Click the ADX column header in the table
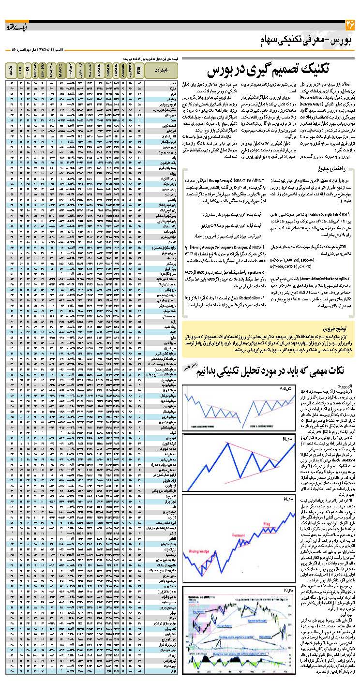click(11, 70)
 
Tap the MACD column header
click(60, 70)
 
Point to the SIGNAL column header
click(51, 70)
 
